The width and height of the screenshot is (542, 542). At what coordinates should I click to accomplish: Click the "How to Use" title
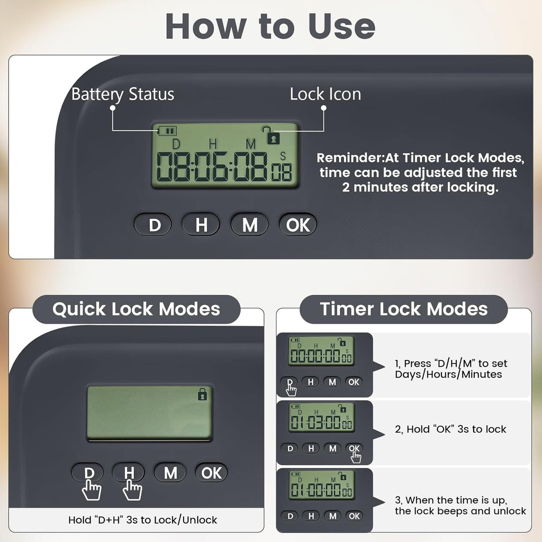[270, 26]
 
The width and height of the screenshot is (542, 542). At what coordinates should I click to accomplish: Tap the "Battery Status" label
[123, 94]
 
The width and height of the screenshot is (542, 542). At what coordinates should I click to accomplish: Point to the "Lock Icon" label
[326, 94]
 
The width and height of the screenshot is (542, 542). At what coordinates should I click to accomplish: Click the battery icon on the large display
[167, 131]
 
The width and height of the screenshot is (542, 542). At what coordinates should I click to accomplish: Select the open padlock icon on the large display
[272, 135]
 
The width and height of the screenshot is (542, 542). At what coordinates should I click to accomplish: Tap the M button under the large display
[250, 224]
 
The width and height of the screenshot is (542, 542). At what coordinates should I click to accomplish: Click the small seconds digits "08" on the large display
[282, 172]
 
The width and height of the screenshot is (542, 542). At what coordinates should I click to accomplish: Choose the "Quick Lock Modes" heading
[136, 309]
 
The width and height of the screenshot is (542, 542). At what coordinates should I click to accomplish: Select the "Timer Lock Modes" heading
[404, 309]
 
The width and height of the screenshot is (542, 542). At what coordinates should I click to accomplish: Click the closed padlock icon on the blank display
[202, 394]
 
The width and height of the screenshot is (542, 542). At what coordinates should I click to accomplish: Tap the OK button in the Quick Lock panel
[211, 473]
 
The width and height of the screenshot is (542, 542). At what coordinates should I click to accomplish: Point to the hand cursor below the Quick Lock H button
[132, 490]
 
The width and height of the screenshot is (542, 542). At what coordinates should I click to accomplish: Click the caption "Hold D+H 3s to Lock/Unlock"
[143, 520]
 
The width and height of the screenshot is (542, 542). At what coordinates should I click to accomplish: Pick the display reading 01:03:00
[321, 418]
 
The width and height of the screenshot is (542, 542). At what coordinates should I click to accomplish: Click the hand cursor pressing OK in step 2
[356, 457]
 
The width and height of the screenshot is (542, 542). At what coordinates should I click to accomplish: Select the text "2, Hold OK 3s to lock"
[450, 429]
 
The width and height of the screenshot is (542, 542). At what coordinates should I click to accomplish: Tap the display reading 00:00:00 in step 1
[321, 351]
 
